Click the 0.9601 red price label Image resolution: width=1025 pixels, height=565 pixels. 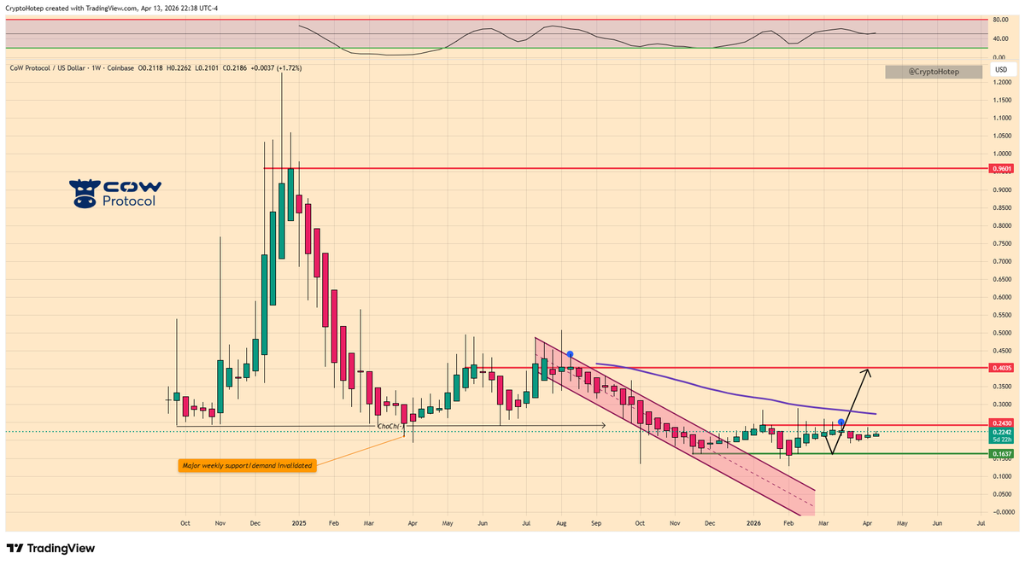pyautogui.click(x=1001, y=169)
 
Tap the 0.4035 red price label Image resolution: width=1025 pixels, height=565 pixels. pyautogui.click(x=1001, y=368)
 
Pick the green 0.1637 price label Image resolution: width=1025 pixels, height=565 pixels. pyautogui.click(x=1001, y=453)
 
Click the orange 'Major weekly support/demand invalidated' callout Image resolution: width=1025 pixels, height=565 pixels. pyautogui.click(x=247, y=465)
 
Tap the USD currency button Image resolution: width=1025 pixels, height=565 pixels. pyautogui.click(x=1001, y=69)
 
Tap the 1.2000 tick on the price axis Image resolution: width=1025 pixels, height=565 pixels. pyautogui.click(x=1001, y=82)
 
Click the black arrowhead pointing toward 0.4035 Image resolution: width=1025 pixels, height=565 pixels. pyautogui.click(x=867, y=372)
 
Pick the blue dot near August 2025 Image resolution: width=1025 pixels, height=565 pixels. pyautogui.click(x=569, y=354)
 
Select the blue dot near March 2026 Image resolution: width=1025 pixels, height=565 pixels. pyautogui.click(x=841, y=422)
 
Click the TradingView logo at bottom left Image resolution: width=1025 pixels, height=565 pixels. pyautogui.click(x=51, y=549)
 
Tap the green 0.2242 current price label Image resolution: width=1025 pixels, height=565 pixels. pyautogui.click(x=1001, y=432)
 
